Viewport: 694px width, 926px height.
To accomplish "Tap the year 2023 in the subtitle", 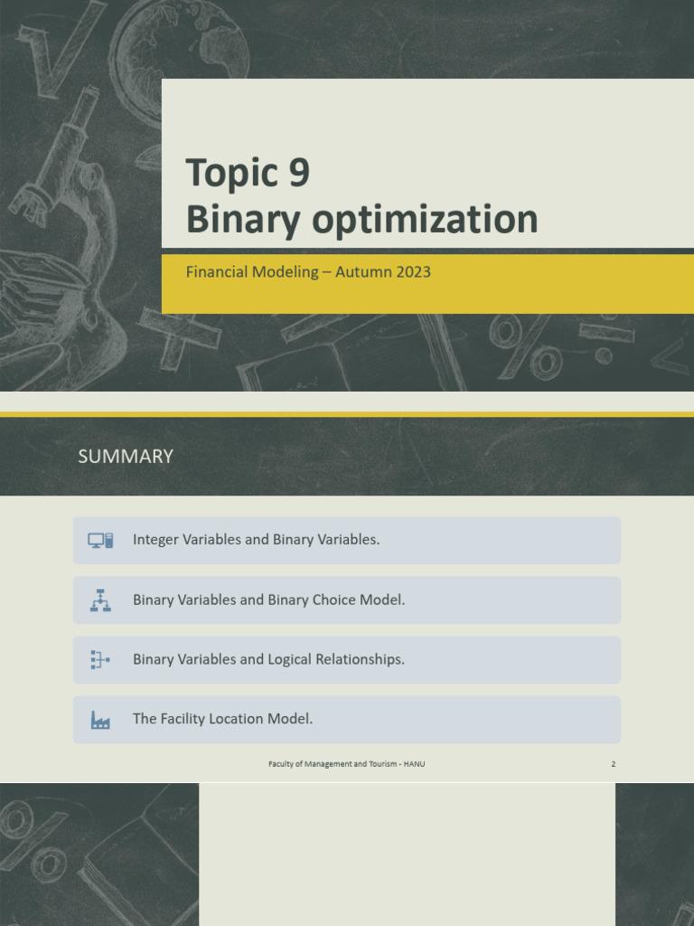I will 407,271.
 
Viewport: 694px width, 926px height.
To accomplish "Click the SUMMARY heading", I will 126,457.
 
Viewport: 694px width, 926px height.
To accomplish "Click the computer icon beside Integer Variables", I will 100,540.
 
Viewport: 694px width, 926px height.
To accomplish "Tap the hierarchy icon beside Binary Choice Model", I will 100,600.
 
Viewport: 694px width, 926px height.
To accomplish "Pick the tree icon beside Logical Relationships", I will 100,660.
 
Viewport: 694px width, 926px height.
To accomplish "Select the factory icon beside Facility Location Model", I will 100,720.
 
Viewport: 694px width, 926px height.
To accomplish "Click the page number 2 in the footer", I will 613,764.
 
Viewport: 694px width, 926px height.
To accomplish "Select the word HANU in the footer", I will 415,764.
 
